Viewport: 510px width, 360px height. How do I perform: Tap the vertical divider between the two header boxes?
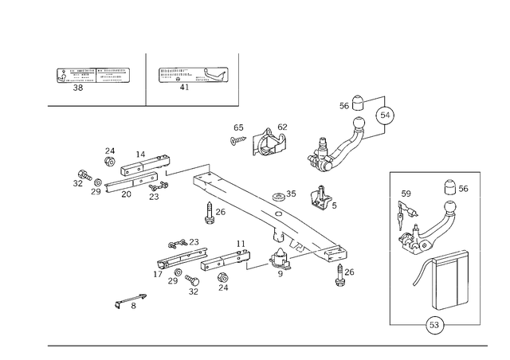144,78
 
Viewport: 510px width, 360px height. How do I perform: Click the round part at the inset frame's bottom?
436,323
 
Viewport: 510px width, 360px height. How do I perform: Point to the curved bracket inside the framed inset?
422,223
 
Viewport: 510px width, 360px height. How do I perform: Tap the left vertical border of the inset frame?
390,247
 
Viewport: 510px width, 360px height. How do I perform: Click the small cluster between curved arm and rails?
323,197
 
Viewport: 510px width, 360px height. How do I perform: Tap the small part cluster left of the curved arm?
271,142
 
